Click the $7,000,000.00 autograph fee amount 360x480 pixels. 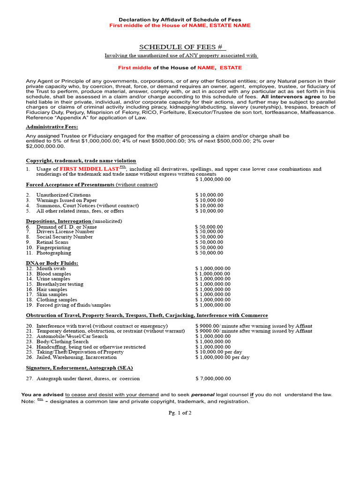[x=213, y=378]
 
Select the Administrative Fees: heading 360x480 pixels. [x=52, y=127]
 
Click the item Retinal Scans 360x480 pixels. [x=52, y=242]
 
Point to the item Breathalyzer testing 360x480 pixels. [x=60, y=284]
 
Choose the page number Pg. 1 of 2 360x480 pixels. [x=180, y=413]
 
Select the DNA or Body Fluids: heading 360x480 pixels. [x=52, y=263]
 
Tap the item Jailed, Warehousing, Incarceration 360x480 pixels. [x=76, y=357]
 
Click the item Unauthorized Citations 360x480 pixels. [x=63, y=195]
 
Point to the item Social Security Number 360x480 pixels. [x=64, y=237]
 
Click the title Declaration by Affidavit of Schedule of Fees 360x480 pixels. [x=180, y=19]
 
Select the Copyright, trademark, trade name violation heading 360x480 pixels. [x=81, y=160]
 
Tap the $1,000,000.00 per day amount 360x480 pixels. [x=222, y=357]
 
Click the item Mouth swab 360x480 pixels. [x=51, y=269]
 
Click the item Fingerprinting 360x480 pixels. [x=53, y=247]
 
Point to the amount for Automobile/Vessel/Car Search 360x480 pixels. [x=213, y=336]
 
